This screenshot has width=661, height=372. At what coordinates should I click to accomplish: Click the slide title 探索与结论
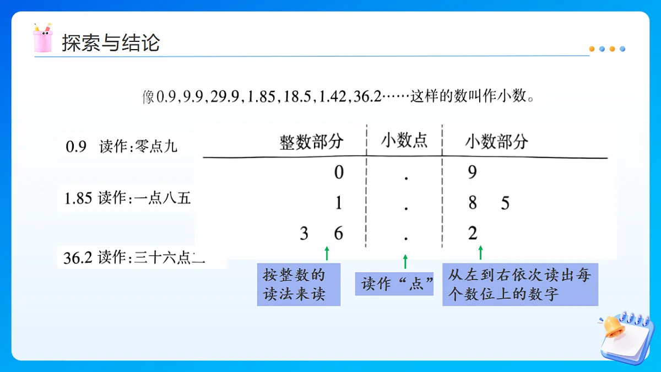click(x=111, y=42)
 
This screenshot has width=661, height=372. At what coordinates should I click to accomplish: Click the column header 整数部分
click(x=311, y=142)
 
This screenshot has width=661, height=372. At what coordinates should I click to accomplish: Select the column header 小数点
click(x=404, y=141)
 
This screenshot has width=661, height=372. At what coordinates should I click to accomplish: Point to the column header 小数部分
click(x=496, y=142)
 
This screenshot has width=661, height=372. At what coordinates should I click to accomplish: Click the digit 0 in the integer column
click(x=339, y=173)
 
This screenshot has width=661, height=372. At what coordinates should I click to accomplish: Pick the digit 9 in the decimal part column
click(x=472, y=173)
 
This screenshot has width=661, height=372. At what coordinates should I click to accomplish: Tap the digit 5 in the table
click(x=505, y=204)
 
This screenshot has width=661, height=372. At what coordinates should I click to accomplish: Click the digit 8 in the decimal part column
click(x=472, y=203)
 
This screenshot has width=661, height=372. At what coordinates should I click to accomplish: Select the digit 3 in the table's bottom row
click(x=304, y=234)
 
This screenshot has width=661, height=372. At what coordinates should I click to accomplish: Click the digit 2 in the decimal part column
click(x=473, y=234)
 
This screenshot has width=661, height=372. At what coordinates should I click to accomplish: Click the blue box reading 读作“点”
click(x=394, y=284)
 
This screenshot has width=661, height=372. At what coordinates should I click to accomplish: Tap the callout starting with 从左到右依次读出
click(x=519, y=284)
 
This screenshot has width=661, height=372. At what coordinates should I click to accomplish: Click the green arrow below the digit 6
click(x=327, y=254)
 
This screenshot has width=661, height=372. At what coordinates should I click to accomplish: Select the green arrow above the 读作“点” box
click(x=405, y=261)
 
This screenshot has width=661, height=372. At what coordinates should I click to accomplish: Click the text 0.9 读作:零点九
click(x=121, y=147)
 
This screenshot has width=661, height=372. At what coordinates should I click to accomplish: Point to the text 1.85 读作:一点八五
click(x=127, y=198)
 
